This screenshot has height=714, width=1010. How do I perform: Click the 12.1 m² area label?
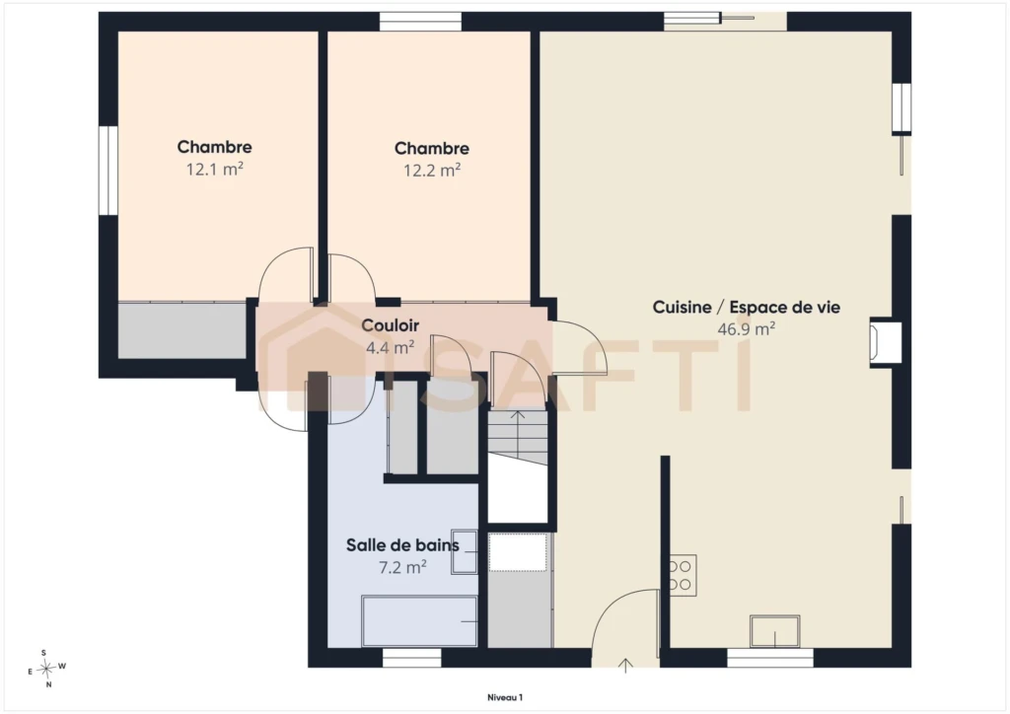coord(214,170)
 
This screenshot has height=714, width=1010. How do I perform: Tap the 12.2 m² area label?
coord(432,171)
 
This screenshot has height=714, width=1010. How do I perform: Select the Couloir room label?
coord(391,325)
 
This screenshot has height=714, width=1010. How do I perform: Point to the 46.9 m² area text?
coord(746,329)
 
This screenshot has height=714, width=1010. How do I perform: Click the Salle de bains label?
coord(402,545)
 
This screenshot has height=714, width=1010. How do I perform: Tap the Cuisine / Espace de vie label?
coord(746,307)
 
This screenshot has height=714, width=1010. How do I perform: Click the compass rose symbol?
coord(46,669)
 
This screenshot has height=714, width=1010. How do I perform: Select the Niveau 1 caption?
coord(505,697)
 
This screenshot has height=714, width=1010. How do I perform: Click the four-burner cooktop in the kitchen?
coord(683,575)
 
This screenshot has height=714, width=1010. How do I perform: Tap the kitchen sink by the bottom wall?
coord(775,631)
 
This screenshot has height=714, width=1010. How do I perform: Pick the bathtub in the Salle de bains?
coord(419,620)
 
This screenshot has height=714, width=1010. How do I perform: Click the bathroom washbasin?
coord(465,551)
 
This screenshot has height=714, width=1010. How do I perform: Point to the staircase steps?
coord(517,438)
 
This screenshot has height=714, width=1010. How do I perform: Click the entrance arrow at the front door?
coord(625,665)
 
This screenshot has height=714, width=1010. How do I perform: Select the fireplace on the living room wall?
coord(885,342)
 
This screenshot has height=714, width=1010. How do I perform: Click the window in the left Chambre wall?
coord(108,170)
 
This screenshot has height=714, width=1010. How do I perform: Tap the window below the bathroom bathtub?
coord(412,658)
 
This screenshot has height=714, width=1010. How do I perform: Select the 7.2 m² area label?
coord(402,567)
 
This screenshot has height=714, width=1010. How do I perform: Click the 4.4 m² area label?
coord(391,348)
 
